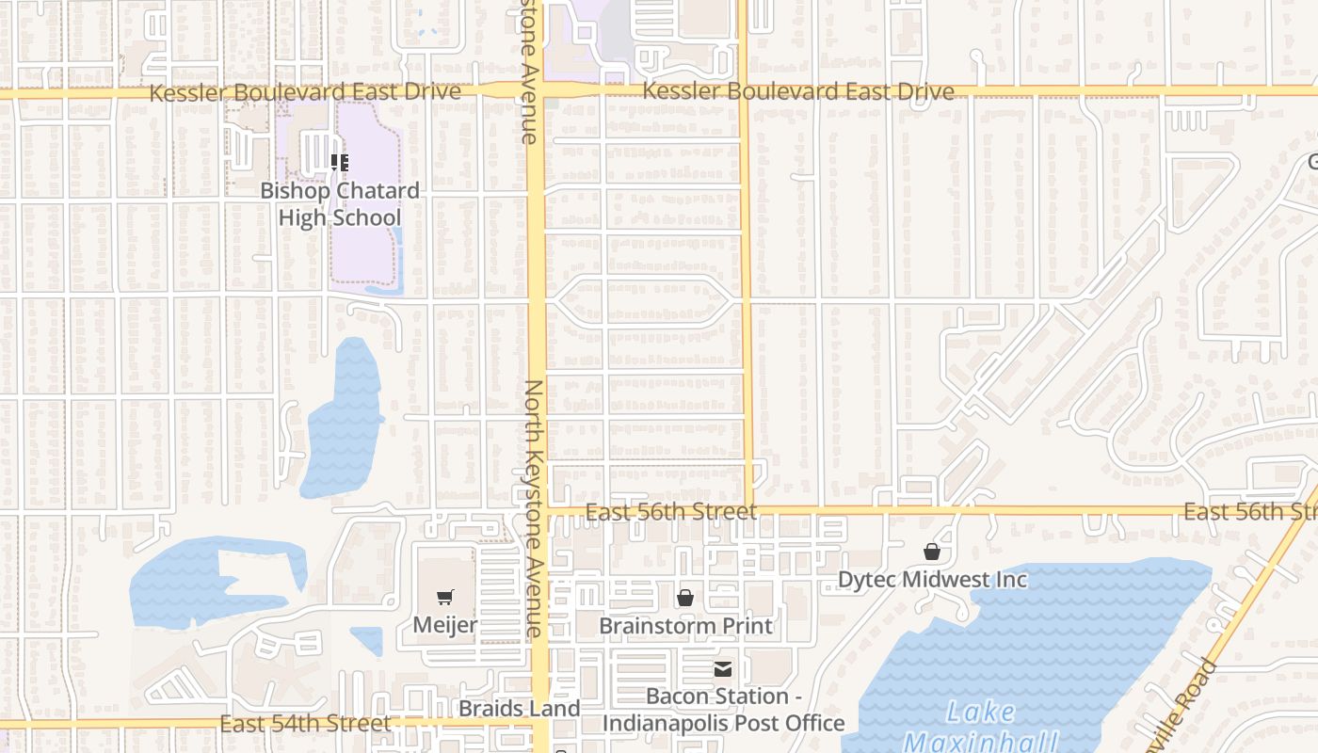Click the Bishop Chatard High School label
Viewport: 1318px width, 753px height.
[340, 204]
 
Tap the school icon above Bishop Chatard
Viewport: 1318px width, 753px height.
[340, 163]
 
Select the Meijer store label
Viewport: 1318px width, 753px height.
[445, 625]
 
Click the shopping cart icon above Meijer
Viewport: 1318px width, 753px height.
[445, 597]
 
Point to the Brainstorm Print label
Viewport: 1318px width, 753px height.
[685, 626]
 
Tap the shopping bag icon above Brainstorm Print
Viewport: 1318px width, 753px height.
[685, 598]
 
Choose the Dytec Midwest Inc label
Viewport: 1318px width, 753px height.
[932, 579]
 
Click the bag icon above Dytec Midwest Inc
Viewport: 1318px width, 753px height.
[932, 551]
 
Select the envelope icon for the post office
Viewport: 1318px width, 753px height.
[723, 669]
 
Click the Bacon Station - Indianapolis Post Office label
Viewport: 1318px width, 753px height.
[723, 710]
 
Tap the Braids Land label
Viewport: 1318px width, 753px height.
[519, 709]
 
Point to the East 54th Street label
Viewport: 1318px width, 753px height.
[305, 723]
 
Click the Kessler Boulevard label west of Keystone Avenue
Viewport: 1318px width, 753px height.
[305, 92]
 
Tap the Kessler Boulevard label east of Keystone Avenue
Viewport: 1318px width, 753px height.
[798, 91]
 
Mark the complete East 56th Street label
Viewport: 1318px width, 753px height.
[670, 512]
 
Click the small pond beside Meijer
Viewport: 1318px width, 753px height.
[367, 640]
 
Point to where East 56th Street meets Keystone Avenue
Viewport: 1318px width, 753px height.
[538, 512]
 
